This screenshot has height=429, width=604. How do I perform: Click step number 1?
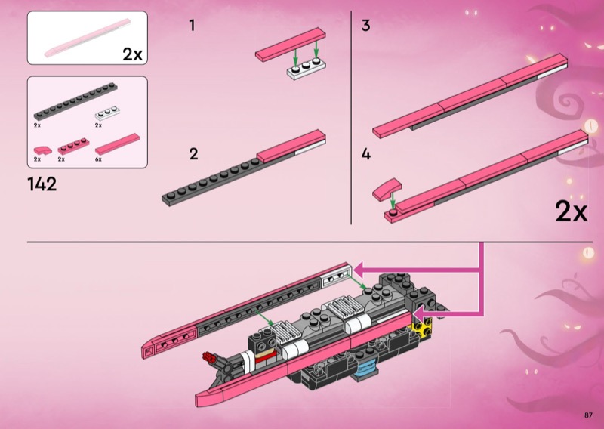click(x=192, y=26)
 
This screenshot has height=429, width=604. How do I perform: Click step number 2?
click(x=193, y=154)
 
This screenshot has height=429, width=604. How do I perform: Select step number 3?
click(x=365, y=26)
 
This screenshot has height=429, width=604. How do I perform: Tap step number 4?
click(x=365, y=154)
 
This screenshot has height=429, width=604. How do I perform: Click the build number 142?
click(x=42, y=184)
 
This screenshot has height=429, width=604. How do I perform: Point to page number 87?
click(x=588, y=415)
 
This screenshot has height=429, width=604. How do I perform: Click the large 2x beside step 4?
click(x=572, y=211)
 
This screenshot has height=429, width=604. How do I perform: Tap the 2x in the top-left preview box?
click(x=133, y=54)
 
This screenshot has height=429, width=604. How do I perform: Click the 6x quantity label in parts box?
click(x=98, y=159)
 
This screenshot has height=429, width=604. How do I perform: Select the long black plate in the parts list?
click(x=75, y=101)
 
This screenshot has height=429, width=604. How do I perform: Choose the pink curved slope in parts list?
click(x=42, y=150)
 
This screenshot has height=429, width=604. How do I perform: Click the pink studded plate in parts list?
click(x=73, y=147)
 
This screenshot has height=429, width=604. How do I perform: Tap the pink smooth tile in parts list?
click(x=118, y=144)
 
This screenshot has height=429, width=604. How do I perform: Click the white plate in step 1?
click(x=307, y=69)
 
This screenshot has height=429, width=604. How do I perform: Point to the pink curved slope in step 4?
click(x=387, y=190)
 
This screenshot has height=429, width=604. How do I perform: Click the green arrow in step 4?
click(x=393, y=200)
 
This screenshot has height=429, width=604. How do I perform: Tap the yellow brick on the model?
click(x=423, y=327)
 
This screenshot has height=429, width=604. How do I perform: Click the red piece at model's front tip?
click(x=210, y=357)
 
